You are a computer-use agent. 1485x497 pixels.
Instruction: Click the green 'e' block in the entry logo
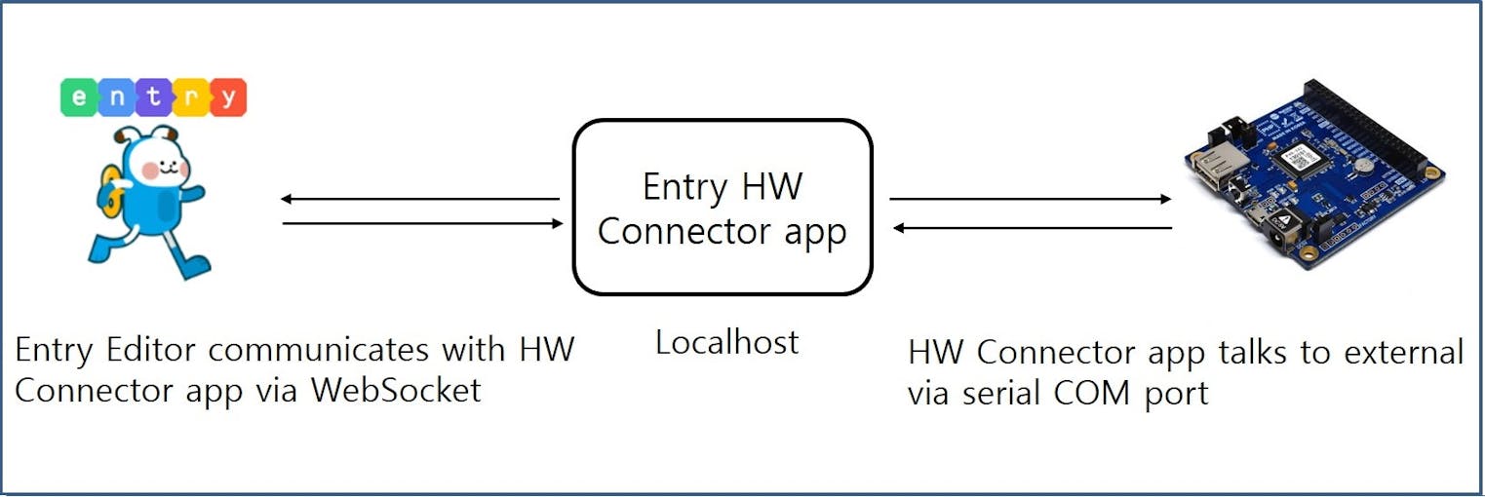coord(79,97)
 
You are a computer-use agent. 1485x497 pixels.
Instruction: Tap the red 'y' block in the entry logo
coord(229,97)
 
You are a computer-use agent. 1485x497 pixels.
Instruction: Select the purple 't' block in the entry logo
coord(154,97)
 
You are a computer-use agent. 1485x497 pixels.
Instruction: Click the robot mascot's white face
coord(159,166)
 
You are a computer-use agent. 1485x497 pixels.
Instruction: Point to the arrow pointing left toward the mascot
coord(419,199)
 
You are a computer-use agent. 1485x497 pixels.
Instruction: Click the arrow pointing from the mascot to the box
coord(423,223)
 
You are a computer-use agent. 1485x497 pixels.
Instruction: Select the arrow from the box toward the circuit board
coord(1031,199)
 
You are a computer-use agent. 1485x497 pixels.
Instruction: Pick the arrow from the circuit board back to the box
coord(1033,228)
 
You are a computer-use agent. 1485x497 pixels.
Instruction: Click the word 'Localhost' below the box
coord(726,343)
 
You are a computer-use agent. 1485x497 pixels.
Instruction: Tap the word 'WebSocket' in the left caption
coord(397,390)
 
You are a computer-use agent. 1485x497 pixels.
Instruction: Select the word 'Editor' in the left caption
coord(151,349)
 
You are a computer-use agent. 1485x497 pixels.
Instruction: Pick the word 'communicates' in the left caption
coord(318,349)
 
